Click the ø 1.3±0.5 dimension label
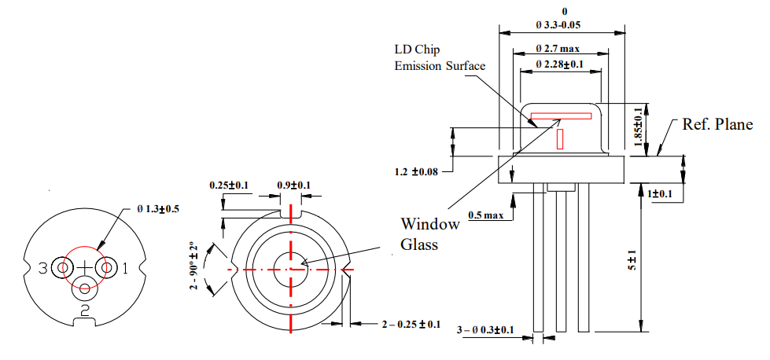click(158, 209)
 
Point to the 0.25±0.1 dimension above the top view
click(229, 186)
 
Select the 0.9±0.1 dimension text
click(293, 186)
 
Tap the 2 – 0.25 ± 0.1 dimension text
click(410, 324)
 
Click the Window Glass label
click(429, 233)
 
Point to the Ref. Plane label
click(717, 124)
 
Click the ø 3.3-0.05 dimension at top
click(562, 25)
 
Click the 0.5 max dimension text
click(485, 215)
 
